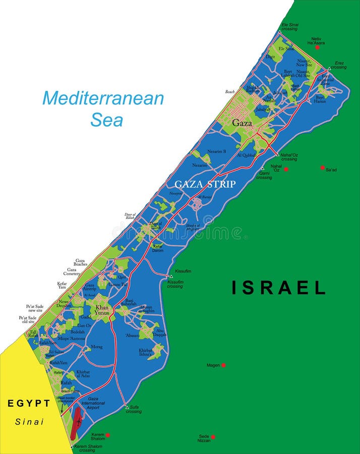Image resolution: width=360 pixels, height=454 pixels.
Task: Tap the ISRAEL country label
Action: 278,288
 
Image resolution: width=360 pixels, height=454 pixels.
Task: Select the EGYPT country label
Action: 29,404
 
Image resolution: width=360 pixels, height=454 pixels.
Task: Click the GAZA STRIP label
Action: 205,184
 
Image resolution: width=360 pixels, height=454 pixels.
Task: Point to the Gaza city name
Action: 242,123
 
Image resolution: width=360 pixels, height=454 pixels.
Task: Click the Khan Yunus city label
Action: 102,310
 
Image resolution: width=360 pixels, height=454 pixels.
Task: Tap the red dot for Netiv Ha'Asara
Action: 317,47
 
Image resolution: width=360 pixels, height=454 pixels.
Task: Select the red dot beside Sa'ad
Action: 323,167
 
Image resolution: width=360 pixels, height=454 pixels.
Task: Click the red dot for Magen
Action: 223,365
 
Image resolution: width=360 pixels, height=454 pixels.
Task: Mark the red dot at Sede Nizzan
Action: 213,437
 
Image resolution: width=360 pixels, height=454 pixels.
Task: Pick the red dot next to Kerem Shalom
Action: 107,435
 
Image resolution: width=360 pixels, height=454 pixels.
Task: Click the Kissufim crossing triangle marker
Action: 171,276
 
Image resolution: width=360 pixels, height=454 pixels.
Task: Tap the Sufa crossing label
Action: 134,409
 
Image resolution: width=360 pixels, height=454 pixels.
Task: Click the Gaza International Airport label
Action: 93,403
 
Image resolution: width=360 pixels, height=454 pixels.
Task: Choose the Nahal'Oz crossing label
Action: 289,156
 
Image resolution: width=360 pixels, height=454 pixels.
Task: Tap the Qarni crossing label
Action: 264,175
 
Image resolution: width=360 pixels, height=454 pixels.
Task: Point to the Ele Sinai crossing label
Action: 289,26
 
